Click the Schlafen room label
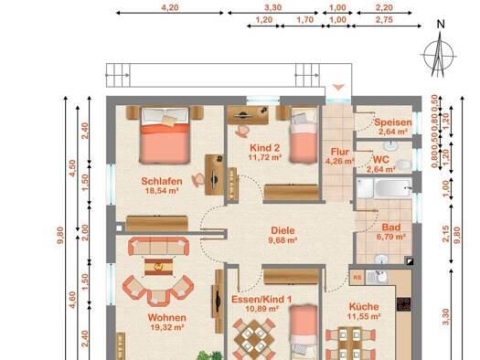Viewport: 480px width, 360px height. click(x=162, y=181)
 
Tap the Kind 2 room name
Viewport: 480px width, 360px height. click(x=265, y=148)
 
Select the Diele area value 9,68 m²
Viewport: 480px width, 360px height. click(x=283, y=240)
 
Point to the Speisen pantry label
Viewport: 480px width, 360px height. click(x=393, y=122)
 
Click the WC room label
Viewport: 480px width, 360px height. click(x=381, y=159)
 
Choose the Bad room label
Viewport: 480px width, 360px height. click(x=391, y=228)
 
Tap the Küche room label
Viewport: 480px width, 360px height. click(x=364, y=306)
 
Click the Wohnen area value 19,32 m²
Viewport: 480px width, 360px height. click(x=167, y=328)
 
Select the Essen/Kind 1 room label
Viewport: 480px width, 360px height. click(x=261, y=299)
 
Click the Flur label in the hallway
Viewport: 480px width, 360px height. click(x=340, y=152)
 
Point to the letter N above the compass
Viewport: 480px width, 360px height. click(x=441, y=24)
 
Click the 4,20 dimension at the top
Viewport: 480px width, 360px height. click(x=170, y=7)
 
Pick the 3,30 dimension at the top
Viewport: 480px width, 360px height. click(x=272, y=7)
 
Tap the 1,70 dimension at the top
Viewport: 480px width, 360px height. click(x=304, y=20)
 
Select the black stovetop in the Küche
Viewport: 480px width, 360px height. click(x=403, y=304)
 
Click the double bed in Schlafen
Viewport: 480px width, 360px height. click(x=165, y=134)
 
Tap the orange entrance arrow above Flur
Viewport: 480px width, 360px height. click(x=338, y=88)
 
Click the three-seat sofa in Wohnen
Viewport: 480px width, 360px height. click(x=158, y=246)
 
